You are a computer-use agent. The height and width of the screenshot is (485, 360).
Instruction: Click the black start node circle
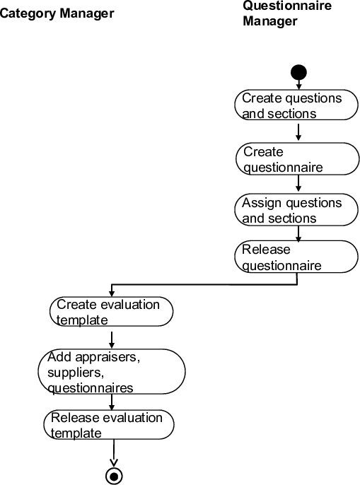(298, 72)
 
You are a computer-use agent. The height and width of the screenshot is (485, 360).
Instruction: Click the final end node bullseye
(115, 475)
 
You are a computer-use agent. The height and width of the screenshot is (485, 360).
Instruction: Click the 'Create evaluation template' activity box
(112, 312)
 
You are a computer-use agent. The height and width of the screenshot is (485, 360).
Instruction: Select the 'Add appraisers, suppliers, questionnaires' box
(112, 372)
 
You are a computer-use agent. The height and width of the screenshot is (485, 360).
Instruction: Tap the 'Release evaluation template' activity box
(112, 425)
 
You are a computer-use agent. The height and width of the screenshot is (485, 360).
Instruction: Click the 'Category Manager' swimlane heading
(56, 13)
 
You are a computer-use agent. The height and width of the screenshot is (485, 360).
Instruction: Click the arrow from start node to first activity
(298, 84)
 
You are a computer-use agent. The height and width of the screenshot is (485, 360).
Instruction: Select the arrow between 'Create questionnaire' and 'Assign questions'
(298, 184)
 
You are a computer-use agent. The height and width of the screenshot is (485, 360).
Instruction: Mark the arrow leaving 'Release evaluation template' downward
(114, 452)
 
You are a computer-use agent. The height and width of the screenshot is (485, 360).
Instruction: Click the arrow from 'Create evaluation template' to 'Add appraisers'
(112, 337)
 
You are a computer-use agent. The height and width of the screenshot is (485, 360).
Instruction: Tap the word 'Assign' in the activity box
(262, 203)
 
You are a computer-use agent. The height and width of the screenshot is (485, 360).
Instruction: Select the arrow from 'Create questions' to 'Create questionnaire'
(298, 132)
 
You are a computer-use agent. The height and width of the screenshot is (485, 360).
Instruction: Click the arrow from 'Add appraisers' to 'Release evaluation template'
(112, 402)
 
